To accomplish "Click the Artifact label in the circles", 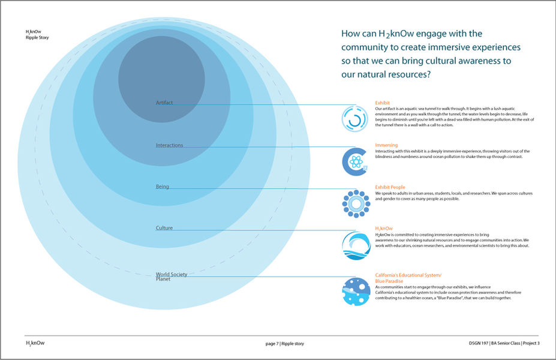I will pyautogui.click(x=164, y=103).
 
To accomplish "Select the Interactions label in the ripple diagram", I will pyautogui.click(x=169, y=145).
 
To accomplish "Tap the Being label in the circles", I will pyautogui.click(x=162, y=187).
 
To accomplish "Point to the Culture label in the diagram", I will pyautogui.click(x=164, y=228).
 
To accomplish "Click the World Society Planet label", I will pyautogui.click(x=171, y=277).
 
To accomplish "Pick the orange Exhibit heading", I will pyautogui.click(x=383, y=103).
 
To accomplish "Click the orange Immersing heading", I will pyautogui.click(x=386, y=145).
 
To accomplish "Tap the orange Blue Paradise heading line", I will pyautogui.click(x=389, y=281).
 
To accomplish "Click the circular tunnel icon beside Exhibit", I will pyautogui.click(x=354, y=118).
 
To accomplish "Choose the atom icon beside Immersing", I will pyautogui.click(x=354, y=161).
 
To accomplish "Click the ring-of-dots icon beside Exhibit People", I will pyautogui.click(x=356, y=204).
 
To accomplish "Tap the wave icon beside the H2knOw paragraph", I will pyautogui.click(x=356, y=245).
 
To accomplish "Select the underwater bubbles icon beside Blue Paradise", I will pyautogui.click(x=356, y=292).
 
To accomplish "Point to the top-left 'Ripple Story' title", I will pyautogui.click(x=37, y=38).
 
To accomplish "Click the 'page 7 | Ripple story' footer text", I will pyautogui.click(x=285, y=344).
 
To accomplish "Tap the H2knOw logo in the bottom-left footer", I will pyautogui.click(x=35, y=343).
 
